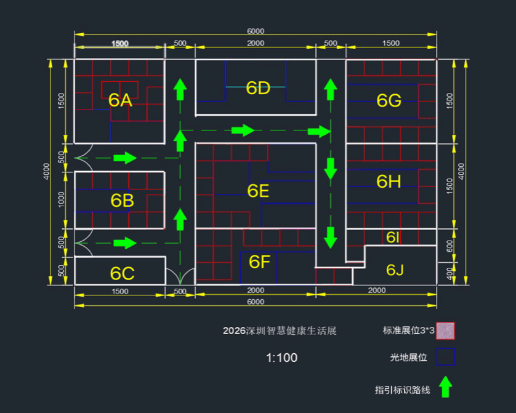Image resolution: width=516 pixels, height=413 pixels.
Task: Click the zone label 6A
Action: (120, 100)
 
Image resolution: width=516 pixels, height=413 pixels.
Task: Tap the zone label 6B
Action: (123, 200)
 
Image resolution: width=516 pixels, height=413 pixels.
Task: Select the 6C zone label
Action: (123, 273)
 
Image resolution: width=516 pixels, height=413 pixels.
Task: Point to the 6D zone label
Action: (258, 88)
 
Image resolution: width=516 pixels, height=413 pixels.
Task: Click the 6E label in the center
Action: (258, 191)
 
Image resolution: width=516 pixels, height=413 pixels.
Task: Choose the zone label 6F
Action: (260, 262)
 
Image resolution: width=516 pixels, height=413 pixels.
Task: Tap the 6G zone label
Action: (389, 100)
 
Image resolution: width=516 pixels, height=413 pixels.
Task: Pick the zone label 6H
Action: (389, 181)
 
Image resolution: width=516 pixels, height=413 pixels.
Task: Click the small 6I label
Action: (393, 237)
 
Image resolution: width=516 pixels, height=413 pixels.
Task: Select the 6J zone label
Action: (395, 270)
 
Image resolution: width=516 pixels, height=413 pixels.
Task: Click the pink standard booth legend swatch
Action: (445, 331)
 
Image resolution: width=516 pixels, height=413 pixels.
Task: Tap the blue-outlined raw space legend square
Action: (445, 357)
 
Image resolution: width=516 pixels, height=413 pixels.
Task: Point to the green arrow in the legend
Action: (445, 387)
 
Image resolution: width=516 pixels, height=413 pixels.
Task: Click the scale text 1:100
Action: (282, 358)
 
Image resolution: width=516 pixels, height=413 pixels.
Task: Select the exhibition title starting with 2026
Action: (280, 331)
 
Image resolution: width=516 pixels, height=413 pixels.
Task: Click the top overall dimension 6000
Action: (256, 31)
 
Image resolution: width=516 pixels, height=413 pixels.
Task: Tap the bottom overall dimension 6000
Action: (256, 302)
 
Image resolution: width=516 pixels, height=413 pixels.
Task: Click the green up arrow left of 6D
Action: (180, 89)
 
